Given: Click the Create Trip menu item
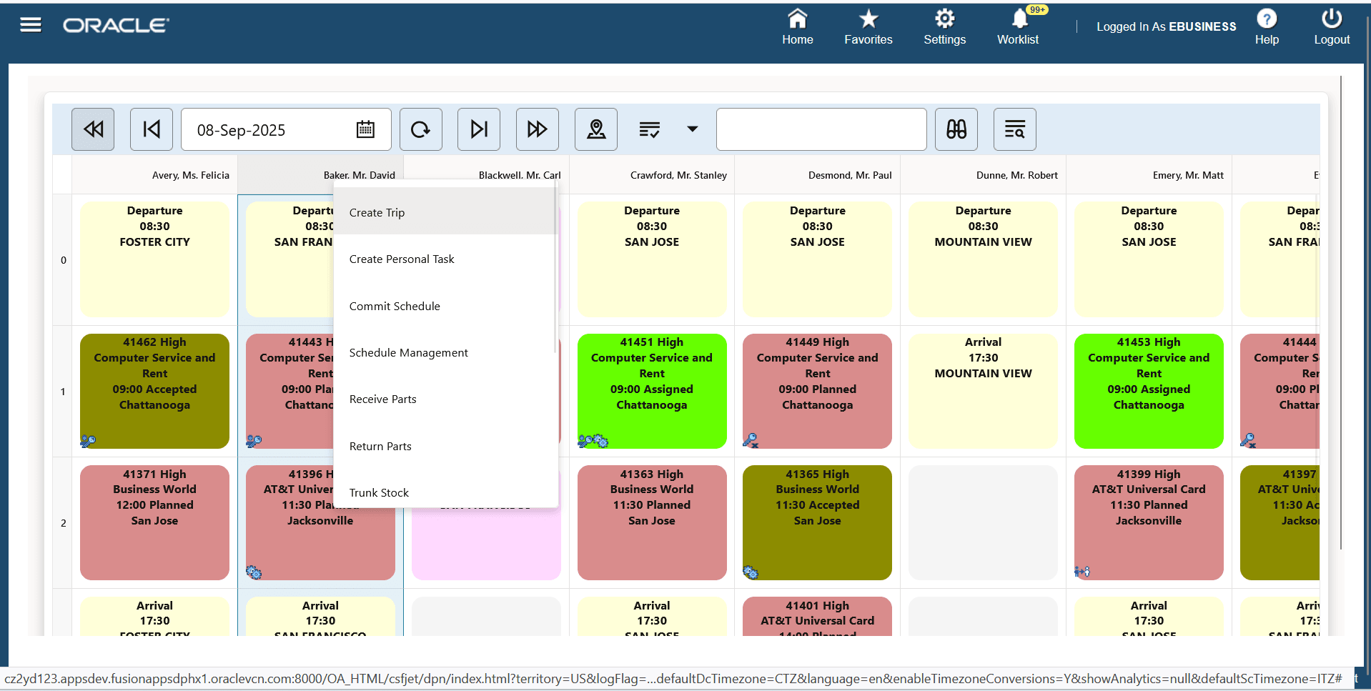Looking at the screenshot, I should (377, 212).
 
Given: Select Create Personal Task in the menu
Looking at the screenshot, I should (402, 259).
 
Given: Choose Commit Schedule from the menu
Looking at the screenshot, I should (395, 306).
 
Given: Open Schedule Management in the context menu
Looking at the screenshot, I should (408, 353).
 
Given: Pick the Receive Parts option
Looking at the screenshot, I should (382, 399).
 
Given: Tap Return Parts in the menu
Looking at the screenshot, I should (380, 447).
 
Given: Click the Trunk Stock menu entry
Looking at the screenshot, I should (379, 493).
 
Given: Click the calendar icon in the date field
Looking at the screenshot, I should (365, 129).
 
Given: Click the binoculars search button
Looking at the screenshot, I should (956, 129).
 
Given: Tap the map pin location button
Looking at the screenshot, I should (595, 129).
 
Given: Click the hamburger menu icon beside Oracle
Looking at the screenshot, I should (31, 26).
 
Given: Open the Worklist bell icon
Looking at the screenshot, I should (1019, 19).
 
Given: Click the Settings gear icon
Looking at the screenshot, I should (944, 19).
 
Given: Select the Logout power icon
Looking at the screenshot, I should (1331, 19).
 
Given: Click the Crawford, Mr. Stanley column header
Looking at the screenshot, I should (678, 175).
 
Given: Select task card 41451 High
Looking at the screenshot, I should (651, 391).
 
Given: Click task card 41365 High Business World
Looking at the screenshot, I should (817, 522).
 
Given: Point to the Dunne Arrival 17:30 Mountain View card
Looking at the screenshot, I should (983, 391).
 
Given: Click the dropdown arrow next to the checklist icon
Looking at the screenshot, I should (692, 129).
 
